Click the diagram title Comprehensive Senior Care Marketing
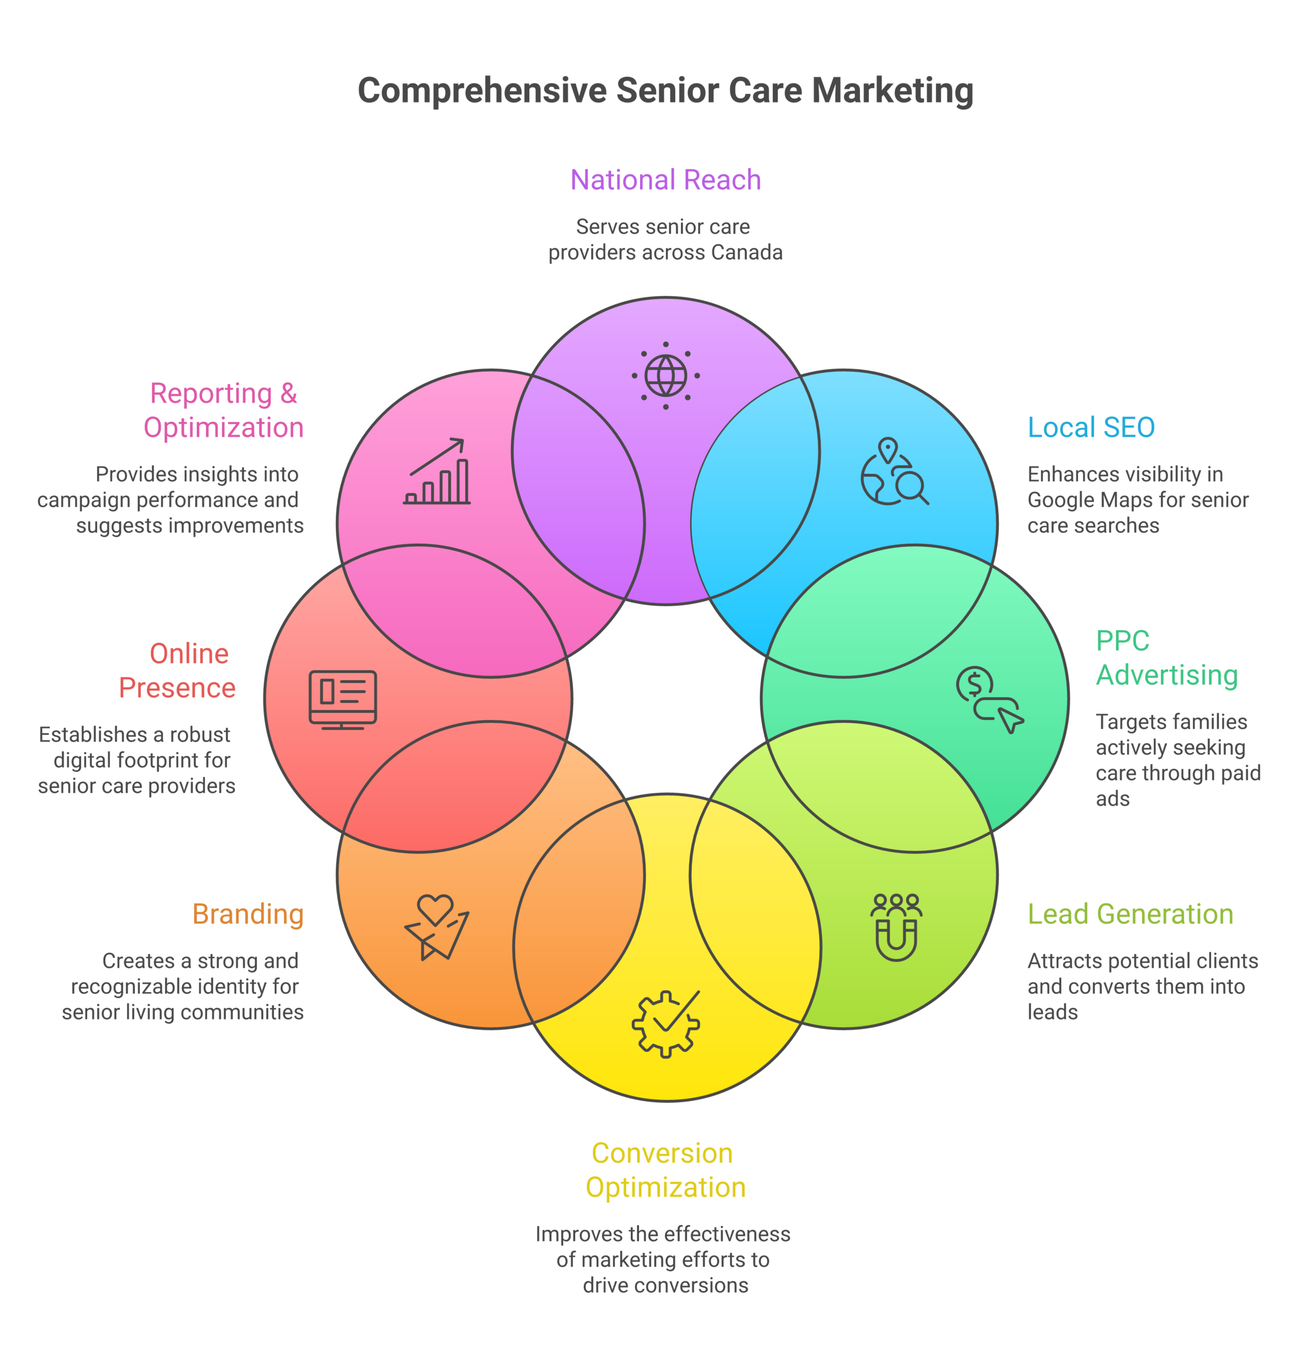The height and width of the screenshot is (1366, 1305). (x=665, y=90)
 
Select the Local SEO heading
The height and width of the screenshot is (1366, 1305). (x=1091, y=427)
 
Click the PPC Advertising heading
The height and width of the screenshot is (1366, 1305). (x=1167, y=657)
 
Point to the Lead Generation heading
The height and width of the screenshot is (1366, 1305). (x=1130, y=914)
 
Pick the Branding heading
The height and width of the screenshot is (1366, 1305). (x=248, y=914)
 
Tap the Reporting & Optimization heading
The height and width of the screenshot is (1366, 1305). (x=223, y=410)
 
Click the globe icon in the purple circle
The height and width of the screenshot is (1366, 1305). (x=666, y=376)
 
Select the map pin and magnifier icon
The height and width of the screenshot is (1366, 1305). (x=895, y=471)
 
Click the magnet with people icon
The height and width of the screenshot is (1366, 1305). (x=896, y=927)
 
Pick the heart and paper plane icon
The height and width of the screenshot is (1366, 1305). (x=437, y=927)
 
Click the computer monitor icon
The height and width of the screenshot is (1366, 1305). (x=343, y=700)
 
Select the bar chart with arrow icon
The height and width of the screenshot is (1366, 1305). (x=437, y=471)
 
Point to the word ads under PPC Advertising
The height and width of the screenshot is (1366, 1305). (x=1112, y=798)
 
